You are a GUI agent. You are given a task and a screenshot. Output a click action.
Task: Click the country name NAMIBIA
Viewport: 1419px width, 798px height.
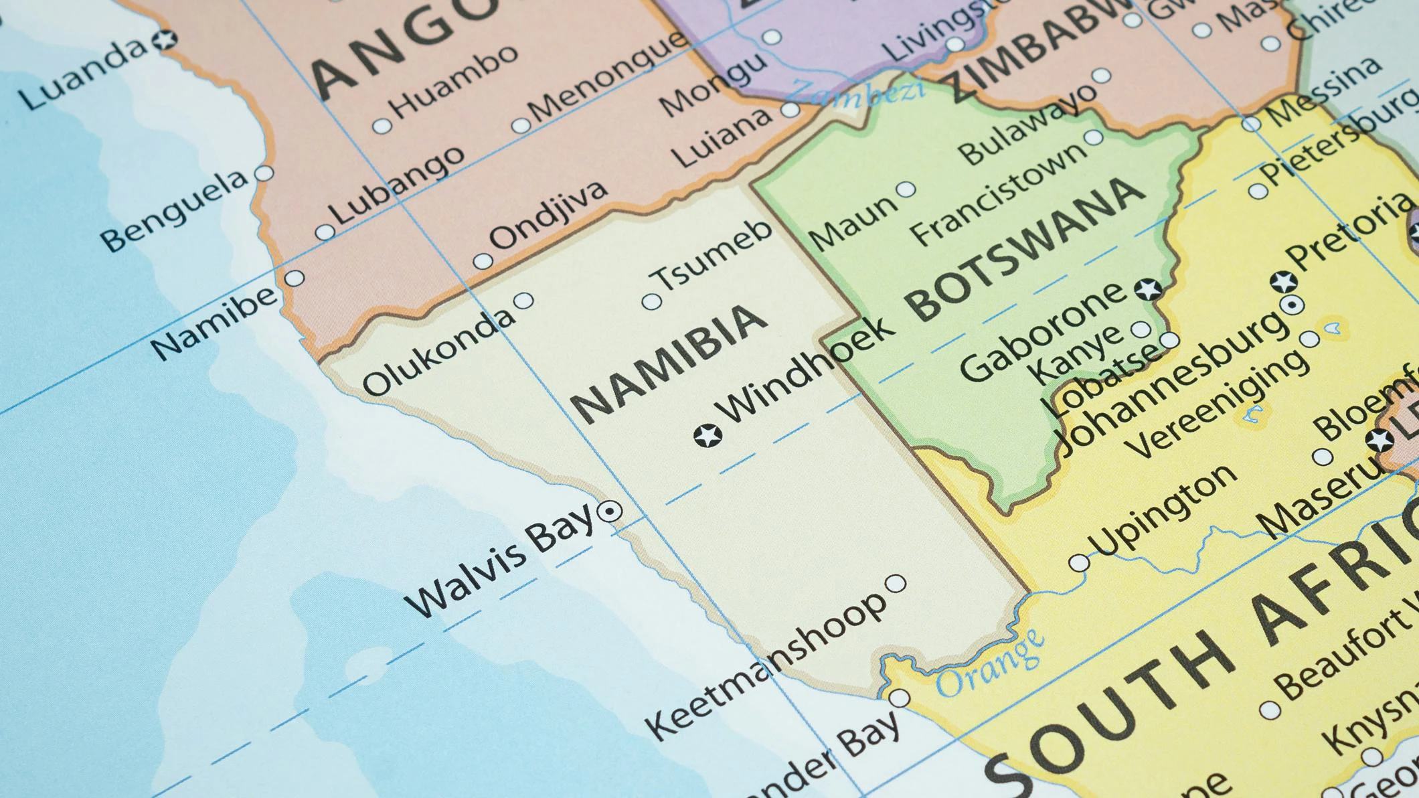coord(668,364)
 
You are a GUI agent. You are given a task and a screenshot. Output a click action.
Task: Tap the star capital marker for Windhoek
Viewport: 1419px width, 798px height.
coord(707,436)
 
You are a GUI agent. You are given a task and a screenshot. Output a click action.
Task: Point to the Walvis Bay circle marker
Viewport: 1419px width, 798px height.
coord(609,512)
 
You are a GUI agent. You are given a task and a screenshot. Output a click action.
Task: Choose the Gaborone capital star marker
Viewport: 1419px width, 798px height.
coord(1148,289)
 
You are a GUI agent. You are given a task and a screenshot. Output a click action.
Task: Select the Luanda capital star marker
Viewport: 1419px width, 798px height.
coord(163,39)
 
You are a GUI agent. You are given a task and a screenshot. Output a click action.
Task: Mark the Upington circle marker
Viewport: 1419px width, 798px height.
coord(1078,563)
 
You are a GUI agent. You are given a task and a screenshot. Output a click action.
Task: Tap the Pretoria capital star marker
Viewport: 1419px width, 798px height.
coord(1283,282)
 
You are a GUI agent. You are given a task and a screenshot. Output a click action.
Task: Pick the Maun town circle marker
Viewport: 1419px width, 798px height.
coord(906,189)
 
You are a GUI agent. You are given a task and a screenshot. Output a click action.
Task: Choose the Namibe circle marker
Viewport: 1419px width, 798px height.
coord(295,278)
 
